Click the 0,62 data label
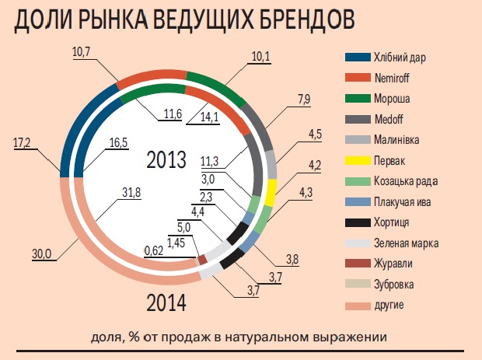(x=153, y=250)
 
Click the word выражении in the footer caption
(x=341, y=337)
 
